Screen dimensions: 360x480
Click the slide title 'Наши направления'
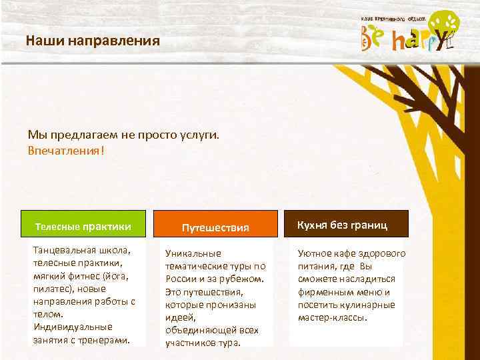point(93,41)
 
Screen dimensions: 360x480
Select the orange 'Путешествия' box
point(215,227)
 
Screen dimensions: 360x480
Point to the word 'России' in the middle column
point(181,279)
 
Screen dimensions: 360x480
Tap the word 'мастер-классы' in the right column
point(332,317)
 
